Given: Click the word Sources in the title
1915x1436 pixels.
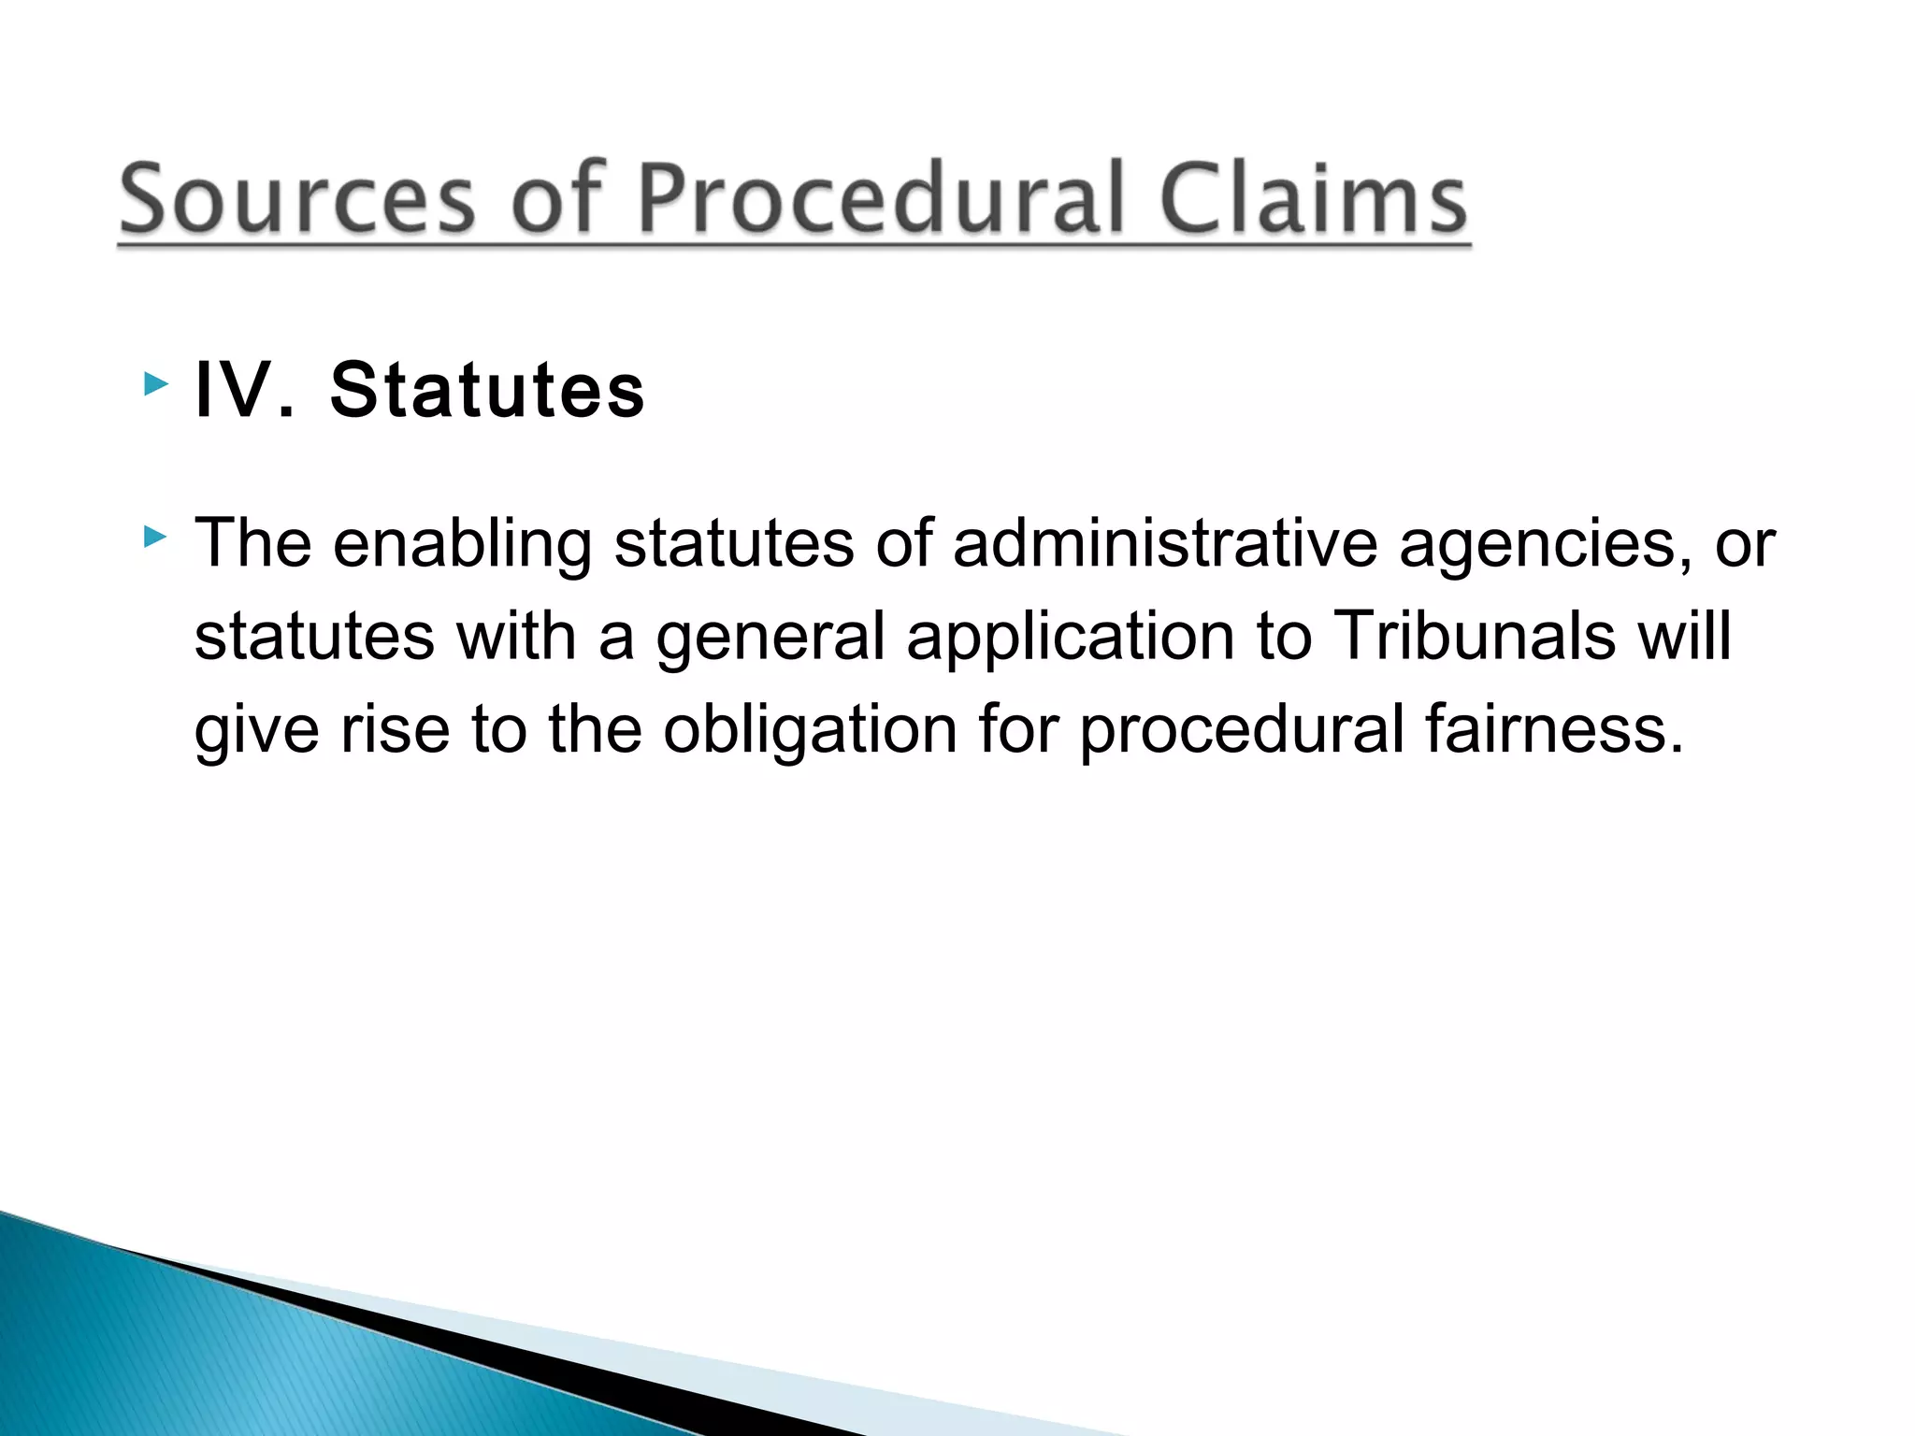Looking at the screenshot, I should pos(297,200).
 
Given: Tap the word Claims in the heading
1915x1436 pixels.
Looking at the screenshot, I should pos(1313,200).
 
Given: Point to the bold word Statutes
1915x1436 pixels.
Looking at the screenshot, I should pos(487,390).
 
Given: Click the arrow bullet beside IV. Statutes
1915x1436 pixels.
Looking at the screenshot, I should pos(156,383).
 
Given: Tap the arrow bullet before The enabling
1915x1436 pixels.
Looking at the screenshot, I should pos(156,537).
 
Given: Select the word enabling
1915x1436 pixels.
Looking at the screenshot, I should pos(463,544).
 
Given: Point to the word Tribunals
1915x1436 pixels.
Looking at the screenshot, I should pos(1473,636).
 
